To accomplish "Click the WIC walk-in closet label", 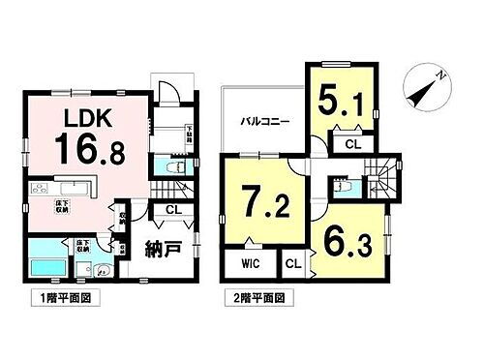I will [248, 263].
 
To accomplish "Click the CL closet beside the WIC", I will [293, 263].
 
